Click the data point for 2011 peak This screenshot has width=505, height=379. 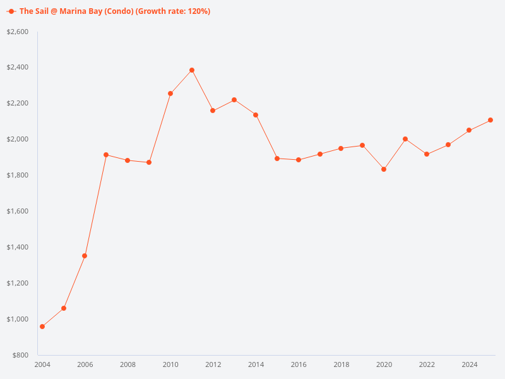(192, 70)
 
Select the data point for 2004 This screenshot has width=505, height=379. (42, 327)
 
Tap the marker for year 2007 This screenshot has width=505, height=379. (106, 155)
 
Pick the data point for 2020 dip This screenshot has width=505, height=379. (384, 169)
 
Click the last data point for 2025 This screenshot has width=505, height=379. (490, 120)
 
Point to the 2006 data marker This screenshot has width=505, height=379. (85, 256)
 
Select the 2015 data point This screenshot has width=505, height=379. (277, 159)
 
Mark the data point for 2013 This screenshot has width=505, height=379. (234, 100)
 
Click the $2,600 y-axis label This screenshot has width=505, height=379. (17, 32)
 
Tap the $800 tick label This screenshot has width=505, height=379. (21, 355)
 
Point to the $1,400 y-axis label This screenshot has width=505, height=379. (17, 247)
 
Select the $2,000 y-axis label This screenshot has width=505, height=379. (17, 139)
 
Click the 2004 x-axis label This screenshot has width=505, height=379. (42, 364)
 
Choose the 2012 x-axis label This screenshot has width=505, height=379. (213, 364)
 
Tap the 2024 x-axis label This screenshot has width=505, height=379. (469, 364)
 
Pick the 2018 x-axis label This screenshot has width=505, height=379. (341, 364)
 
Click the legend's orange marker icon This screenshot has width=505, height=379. (11, 11)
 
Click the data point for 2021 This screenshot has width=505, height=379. (405, 139)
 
